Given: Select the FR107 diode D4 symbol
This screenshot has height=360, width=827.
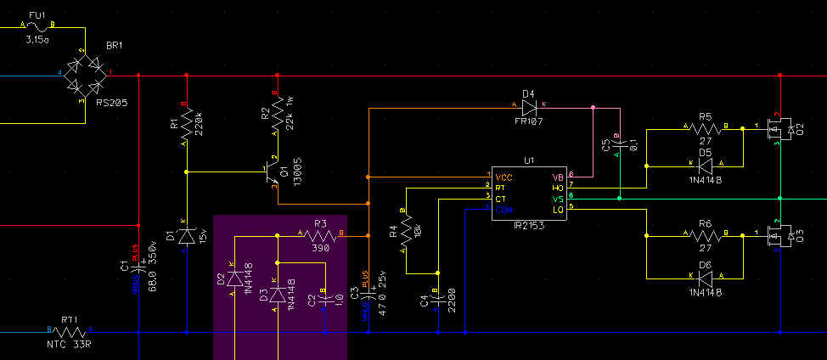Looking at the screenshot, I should (531, 107).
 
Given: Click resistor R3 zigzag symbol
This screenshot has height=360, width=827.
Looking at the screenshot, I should (320, 233).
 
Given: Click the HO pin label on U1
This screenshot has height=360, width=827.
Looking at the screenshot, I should (557, 187).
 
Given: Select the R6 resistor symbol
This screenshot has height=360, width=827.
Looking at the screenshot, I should (705, 233).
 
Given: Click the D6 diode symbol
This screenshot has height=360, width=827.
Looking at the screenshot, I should (705, 276).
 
